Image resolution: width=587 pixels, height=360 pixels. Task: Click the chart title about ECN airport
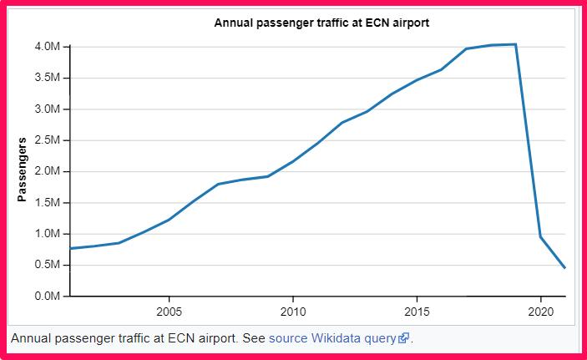321,23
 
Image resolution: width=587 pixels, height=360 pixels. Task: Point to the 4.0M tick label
47,47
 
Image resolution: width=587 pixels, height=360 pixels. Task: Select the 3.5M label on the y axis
47,79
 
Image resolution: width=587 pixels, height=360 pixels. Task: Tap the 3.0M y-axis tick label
47,109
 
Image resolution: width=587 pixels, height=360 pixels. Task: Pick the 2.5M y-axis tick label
47,140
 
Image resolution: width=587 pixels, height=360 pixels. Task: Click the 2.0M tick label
47,172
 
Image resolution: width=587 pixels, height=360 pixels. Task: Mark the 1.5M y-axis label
47,203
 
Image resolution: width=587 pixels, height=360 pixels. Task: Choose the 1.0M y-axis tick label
47,234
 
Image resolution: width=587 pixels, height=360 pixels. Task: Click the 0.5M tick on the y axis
47,266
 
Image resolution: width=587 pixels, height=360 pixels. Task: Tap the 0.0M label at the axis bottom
47,297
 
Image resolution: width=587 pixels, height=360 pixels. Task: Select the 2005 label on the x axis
170,311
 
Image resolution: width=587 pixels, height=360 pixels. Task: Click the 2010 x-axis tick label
293,311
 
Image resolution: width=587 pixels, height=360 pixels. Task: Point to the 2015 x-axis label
417,311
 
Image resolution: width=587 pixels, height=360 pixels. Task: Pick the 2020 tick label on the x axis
540,311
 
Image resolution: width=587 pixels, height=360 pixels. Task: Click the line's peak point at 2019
515,44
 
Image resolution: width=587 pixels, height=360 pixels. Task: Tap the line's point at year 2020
540,236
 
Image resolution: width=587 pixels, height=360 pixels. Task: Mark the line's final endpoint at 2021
565,268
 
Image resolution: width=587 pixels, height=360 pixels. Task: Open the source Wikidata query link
332,338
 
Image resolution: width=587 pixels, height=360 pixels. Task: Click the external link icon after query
404,339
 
